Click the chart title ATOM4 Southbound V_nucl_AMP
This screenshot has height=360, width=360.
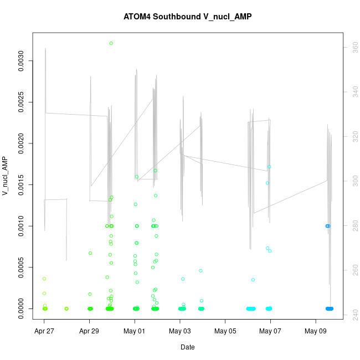[x=188, y=17]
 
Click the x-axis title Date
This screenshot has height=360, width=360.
[x=187, y=347]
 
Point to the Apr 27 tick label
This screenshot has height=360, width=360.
[x=44, y=332]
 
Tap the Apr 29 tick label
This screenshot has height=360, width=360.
[x=90, y=332]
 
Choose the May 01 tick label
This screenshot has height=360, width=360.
[x=135, y=332]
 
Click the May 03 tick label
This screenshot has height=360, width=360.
[x=180, y=332]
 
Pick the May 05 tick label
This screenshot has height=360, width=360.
[x=225, y=332]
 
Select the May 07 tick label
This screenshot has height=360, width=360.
[x=270, y=332]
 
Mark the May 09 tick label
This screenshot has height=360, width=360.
[x=316, y=332]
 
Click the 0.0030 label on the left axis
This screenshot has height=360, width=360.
[x=22, y=61]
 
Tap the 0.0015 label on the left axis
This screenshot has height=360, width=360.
[x=22, y=184]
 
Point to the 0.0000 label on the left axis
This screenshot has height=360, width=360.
[x=22, y=308]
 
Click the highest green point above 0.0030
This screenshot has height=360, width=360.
[x=111, y=43]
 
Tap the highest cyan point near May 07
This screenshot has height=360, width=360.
[x=269, y=167]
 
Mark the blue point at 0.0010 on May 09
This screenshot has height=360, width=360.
[x=327, y=226]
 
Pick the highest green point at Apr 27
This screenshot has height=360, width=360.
[x=44, y=279]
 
